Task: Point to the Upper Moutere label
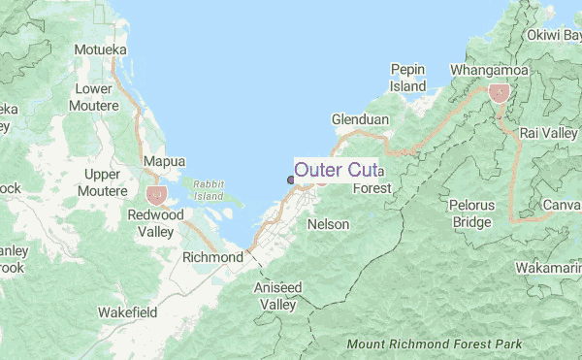[x=102, y=182]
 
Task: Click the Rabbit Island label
[x=208, y=189]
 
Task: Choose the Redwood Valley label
[x=156, y=223]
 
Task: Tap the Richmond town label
[x=212, y=258]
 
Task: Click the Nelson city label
[x=327, y=224]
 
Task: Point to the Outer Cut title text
[x=335, y=171]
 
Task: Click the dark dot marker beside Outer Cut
[x=290, y=179]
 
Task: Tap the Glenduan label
[x=360, y=118]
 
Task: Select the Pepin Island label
[x=408, y=78]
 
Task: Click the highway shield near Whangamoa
[x=499, y=93]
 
